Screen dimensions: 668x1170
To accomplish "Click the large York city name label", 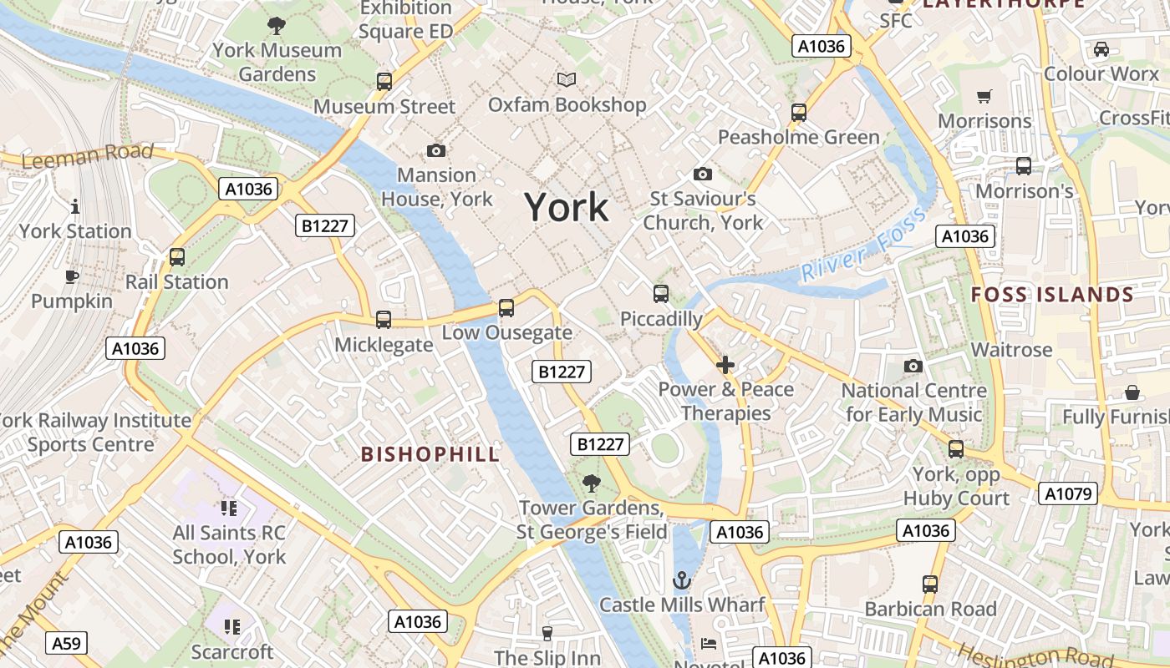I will pyautogui.click(x=567, y=207).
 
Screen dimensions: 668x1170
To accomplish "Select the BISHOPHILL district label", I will pyautogui.click(x=430, y=454).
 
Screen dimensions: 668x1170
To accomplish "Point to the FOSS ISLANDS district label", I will pyautogui.click(x=1052, y=295).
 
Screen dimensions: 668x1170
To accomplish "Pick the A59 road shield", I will pyautogui.click(x=66, y=643).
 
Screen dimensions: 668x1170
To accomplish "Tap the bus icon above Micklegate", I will pyautogui.click(x=384, y=319).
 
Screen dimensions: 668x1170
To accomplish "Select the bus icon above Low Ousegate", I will pyautogui.click(x=506, y=307).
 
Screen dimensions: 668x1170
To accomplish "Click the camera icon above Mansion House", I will pyautogui.click(x=436, y=150).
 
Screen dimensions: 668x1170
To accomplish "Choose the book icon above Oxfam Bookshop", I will pyautogui.click(x=567, y=79).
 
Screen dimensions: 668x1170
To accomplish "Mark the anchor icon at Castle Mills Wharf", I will pyautogui.click(x=683, y=579).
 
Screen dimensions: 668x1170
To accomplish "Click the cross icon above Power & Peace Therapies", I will pyautogui.click(x=725, y=365).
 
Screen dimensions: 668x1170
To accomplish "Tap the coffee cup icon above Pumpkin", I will pyautogui.click(x=72, y=276).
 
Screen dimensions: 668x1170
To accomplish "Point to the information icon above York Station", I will pyautogui.click(x=75, y=206).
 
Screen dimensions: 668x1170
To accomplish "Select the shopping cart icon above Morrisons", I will pyautogui.click(x=984, y=97).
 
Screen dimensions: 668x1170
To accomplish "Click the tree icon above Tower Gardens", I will pyautogui.click(x=592, y=483).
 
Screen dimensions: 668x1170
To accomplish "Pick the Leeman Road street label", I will pyautogui.click(x=88, y=155).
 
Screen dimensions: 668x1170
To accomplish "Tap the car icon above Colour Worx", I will pyautogui.click(x=1101, y=49).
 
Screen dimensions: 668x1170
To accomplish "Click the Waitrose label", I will pyautogui.click(x=1011, y=349).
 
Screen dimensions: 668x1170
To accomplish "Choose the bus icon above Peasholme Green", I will pyautogui.click(x=799, y=112).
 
